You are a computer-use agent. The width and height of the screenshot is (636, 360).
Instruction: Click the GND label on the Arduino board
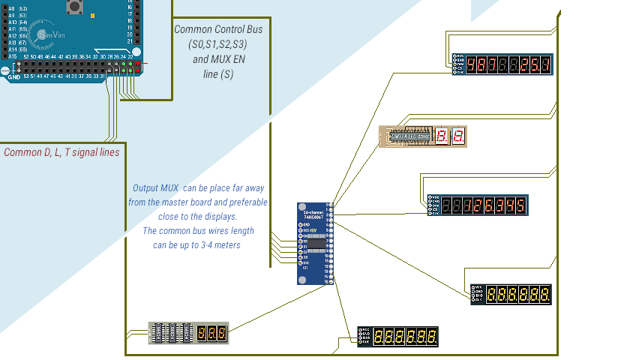click(13, 76)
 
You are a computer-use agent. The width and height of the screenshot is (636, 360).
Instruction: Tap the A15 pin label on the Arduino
click(12, 56)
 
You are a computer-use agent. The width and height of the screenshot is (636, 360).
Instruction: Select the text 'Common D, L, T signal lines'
click(61, 152)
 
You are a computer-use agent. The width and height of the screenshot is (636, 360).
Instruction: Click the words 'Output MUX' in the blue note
click(155, 187)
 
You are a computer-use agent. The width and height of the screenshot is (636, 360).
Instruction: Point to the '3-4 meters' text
click(225, 245)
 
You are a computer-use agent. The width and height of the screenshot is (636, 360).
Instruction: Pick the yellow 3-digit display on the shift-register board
click(212, 331)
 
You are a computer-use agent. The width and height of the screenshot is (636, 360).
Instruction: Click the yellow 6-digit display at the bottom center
click(406, 336)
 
